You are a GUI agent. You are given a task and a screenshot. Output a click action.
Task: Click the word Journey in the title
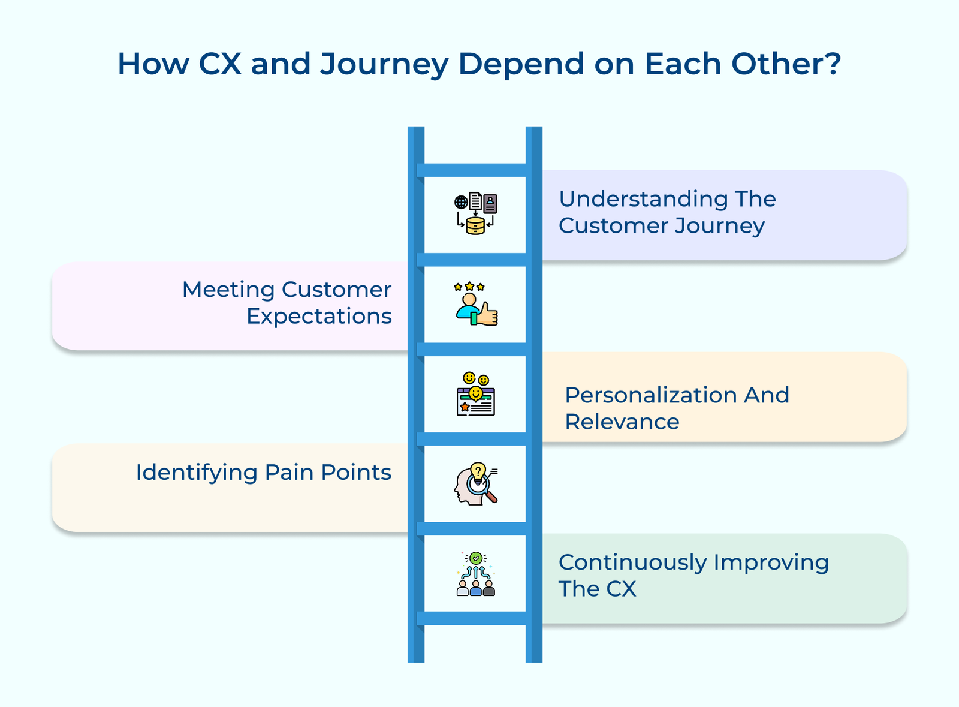click(384, 64)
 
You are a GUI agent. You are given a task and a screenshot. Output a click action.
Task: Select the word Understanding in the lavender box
click(631, 199)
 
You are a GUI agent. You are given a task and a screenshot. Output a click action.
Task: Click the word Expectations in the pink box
click(319, 316)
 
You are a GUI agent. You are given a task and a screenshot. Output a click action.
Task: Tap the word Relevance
click(622, 422)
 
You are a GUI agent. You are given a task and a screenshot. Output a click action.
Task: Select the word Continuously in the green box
click(632, 562)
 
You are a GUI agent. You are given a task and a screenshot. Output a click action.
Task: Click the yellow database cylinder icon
click(475, 226)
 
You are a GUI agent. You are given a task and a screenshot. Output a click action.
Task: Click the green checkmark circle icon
click(476, 558)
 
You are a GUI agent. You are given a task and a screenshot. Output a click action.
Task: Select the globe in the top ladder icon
click(461, 202)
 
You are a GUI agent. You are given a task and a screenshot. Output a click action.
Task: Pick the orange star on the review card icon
click(465, 407)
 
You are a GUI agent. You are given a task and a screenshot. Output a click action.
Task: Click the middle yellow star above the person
click(469, 287)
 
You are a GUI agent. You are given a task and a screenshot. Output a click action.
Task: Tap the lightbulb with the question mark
click(478, 472)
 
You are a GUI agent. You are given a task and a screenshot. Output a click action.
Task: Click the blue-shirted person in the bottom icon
click(476, 588)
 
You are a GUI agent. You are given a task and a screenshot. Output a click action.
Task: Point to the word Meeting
click(228, 290)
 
